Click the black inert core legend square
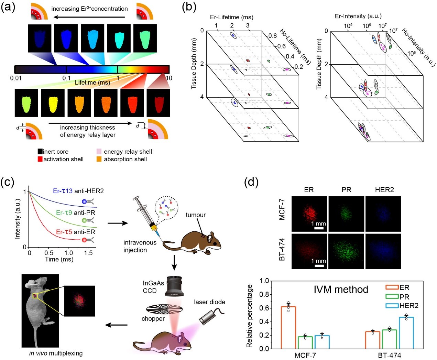point(40,151)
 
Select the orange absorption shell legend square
point(99,159)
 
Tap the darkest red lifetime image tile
point(158,102)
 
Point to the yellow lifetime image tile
point(53,102)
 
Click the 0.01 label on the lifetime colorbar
point(16,78)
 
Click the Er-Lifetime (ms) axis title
point(231,17)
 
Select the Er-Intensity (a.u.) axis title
point(358,16)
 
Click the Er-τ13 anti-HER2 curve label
point(78,191)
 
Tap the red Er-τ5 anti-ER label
point(75,232)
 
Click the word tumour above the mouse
point(195,215)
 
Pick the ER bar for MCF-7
point(288,327)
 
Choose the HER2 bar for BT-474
point(406,332)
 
